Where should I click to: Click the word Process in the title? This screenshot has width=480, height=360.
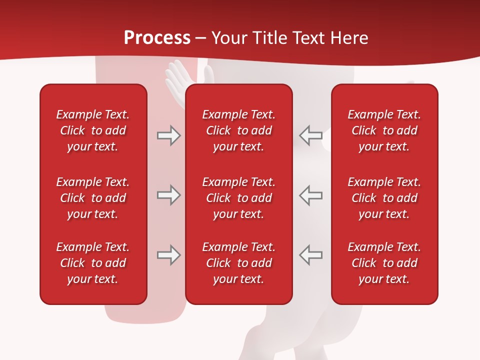tap(157, 38)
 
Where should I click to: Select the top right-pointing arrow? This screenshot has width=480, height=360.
tap(168, 135)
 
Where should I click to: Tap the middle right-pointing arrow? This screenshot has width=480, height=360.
tap(168, 195)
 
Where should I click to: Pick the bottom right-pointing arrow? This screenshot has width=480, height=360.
tap(168, 255)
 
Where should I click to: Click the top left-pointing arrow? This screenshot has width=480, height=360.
tap(310, 135)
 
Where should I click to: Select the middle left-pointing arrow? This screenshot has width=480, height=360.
tap(310, 195)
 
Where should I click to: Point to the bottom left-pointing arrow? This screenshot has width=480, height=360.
tap(310, 255)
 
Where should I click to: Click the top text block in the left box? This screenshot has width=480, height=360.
tap(93, 130)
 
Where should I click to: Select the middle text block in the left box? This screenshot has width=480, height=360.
tap(93, 198)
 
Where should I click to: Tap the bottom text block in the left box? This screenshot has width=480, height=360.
tap(93, 263)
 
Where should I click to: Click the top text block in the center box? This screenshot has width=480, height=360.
tap(239, 130)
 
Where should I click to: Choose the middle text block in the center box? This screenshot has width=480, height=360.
tap(239, 198)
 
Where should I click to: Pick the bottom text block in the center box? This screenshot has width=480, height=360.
tap(239, 263)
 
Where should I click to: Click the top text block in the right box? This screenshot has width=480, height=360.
tap(384, 130)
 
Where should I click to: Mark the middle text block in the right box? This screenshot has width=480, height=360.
tap(384, 198)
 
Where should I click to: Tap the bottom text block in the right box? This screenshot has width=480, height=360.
tap(384, 263)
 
